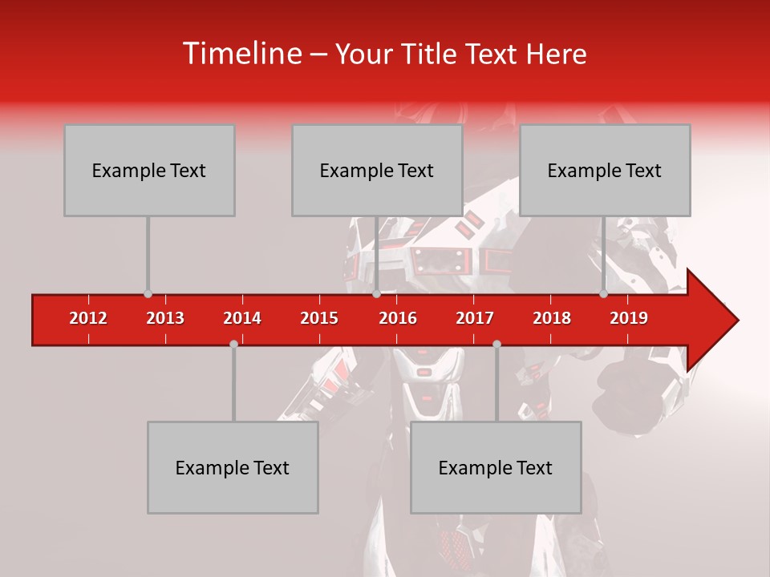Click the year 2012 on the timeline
pyautogui.click(x=88, y=318)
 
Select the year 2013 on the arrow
pyautogui.click(x=165, y=318)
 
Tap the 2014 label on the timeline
pyautogui.click(x=242, y=318)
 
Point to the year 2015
pyautogui.click(x=319, y=318)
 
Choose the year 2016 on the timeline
pyautogui.click(x=398, y=318)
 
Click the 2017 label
pyautogui.click(x=475, y=318)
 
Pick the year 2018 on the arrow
pyautogui.click(x=552, y=318)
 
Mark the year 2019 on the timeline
pyautogui.click(x=629, y=318)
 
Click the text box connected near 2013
pyautogui.click(x=149, y=170)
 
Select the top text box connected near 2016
pyautogui.click(x=377, y=170)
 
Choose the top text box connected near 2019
pyautogui.click(x=605, y=170)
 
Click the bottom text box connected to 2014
pyautogui.click(x=233, y=467)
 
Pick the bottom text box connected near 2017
pyautogui.click(x=496, y=467)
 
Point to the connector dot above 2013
pyautogui.click(x=148, y=294)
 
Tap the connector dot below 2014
pyautogui.click(x=233, y=344)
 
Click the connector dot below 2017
pyautogui.click(x=496, y=344)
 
